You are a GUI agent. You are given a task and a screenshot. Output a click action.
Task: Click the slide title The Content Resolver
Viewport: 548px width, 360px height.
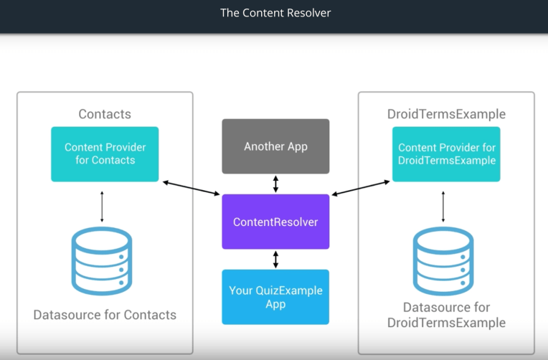click(x=275, y=13)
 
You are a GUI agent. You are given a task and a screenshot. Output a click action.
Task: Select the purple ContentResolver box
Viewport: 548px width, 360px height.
click(x=275, y=222)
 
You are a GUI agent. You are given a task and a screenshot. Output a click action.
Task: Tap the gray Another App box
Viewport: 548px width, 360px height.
click(x=275, y=146)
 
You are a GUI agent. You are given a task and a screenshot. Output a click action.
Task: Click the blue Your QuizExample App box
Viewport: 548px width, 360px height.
click(x=275, y=297)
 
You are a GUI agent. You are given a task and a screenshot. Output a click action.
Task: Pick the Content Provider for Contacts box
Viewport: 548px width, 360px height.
click(x=105, y=154)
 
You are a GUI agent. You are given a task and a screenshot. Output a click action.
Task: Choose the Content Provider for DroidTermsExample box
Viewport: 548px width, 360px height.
click(x=446, y=154)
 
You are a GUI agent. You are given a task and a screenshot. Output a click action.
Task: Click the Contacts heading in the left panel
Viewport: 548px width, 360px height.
click(x=105, y=114)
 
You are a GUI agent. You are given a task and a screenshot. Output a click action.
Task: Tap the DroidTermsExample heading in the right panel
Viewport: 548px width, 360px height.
click(x=446, y=114)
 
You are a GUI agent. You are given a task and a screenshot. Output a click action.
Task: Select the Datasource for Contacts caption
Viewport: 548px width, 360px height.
click(x=105, y=315)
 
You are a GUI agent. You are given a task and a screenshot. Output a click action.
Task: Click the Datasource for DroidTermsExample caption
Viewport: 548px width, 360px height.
click(x=446, y=315)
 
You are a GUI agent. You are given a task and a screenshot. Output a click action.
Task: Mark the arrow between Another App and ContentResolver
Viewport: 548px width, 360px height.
click(x=275, y=184)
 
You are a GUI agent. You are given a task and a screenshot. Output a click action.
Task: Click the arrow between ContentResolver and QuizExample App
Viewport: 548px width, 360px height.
click(x=275, y=259)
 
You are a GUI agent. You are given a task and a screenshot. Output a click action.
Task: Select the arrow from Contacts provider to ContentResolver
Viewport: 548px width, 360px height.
click(x=192, y=188)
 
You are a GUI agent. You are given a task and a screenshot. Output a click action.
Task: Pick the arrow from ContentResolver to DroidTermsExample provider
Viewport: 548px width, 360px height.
click(x=361, y=188)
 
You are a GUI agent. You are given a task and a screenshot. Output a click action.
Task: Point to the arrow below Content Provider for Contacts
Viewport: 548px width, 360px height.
click(x=102, y=206)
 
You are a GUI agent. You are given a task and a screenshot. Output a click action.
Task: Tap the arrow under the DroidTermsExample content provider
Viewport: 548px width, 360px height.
click(x=443, y=206)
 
